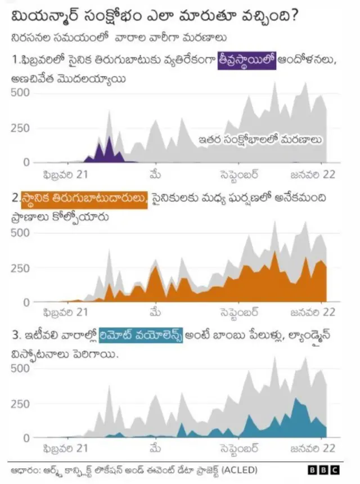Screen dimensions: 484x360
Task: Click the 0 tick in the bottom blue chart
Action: pos(25,438)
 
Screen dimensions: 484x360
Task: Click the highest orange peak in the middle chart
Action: pos(274,252)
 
